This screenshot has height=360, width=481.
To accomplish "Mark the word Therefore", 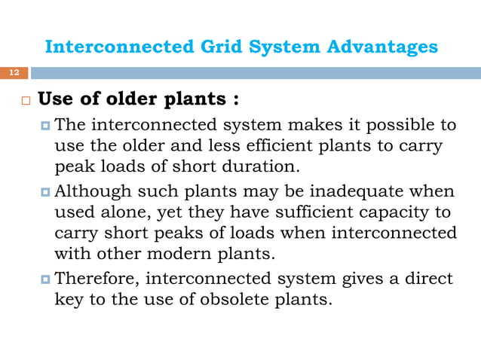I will (97, 279).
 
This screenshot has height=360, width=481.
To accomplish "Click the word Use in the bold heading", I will (54, 100).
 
